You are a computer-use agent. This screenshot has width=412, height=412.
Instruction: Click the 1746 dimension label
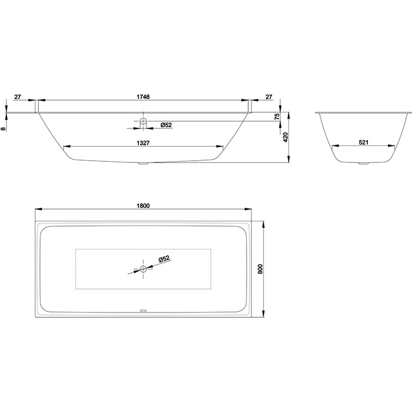(x=143, y=97)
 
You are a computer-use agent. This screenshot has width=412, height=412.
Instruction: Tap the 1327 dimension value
(x=143, y=142)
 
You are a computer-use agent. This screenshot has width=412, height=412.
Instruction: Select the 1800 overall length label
(x=143, y=205)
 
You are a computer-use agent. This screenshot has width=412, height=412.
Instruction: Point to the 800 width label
(x=260, y=269)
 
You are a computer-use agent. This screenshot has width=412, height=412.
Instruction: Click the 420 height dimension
(x=285, y=137)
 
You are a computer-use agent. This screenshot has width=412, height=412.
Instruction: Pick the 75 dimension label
(x=277, y=117)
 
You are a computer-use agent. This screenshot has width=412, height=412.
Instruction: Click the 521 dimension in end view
(x=364, y=142)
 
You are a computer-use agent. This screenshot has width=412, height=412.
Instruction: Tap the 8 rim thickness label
(x=3, y=129)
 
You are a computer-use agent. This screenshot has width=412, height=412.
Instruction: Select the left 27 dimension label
(x=17, y=97)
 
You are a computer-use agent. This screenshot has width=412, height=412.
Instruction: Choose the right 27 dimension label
(x=269, y=97)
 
